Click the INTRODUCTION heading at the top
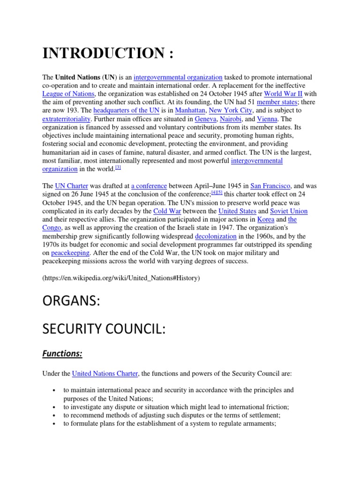(x=108, y=53)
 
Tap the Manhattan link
(x=190, y=111)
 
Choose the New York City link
(x=231, y=111)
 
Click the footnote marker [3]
(x=118, y=167)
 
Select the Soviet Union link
(x=289, y=211)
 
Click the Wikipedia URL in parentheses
(x=121, y=278)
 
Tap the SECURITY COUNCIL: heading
(x=104, y=330)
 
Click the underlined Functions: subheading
(x=62, y=354)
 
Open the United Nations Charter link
(x=105, y=374)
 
